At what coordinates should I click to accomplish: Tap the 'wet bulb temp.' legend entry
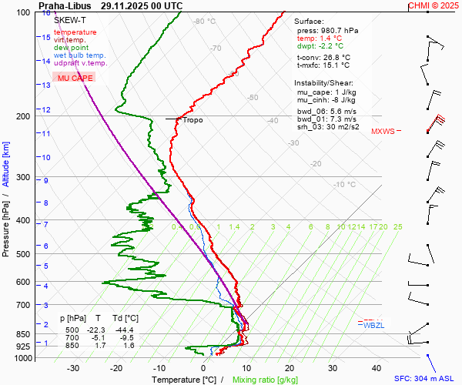click(80, 55)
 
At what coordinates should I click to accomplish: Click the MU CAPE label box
click(75, 79)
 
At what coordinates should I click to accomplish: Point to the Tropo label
click(192, 120)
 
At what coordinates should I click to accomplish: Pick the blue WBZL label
click(373, 325)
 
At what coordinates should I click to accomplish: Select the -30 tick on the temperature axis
click(73, 368)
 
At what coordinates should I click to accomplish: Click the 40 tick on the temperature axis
click(377, 368)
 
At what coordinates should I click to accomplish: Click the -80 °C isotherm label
click(205, 22)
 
